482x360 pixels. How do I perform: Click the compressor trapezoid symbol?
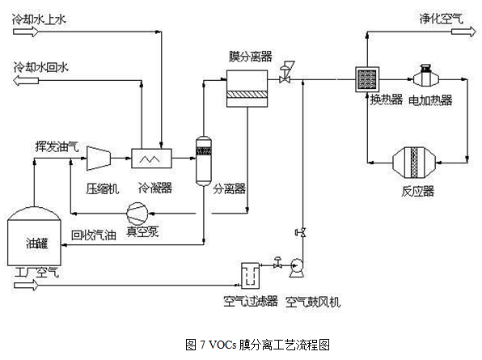click(99, 159)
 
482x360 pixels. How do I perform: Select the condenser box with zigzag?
click(151, 159)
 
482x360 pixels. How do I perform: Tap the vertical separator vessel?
click(204, 161)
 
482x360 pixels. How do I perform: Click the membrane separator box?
click(247, 88)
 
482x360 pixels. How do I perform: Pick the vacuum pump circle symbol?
click(137, 214)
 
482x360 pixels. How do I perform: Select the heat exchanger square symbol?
click(367, 79)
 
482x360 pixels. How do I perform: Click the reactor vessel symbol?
click(414, 163)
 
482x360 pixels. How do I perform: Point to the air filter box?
click(250, 275)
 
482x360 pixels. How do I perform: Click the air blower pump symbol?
click(297, 269)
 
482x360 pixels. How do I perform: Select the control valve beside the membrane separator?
click(285, 73)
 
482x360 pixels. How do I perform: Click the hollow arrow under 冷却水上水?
click(26, 32)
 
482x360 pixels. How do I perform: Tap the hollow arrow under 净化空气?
click(464, 32)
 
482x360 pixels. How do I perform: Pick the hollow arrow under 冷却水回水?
click(26, 81)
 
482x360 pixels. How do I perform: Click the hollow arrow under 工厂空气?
click(26, 285)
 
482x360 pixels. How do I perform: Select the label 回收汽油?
click(94, 235)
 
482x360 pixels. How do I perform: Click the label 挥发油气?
click(57, 146)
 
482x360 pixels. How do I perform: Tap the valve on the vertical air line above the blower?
click(301, 232)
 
